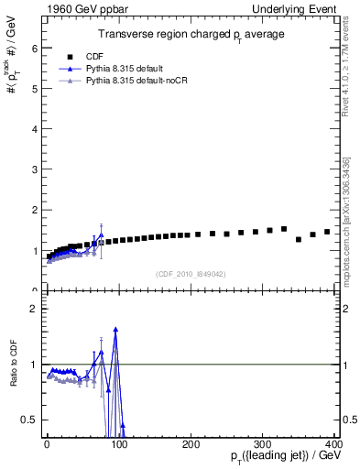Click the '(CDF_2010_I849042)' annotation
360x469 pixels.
tap(191, 274)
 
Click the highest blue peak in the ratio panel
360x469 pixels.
tap(115, 329)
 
